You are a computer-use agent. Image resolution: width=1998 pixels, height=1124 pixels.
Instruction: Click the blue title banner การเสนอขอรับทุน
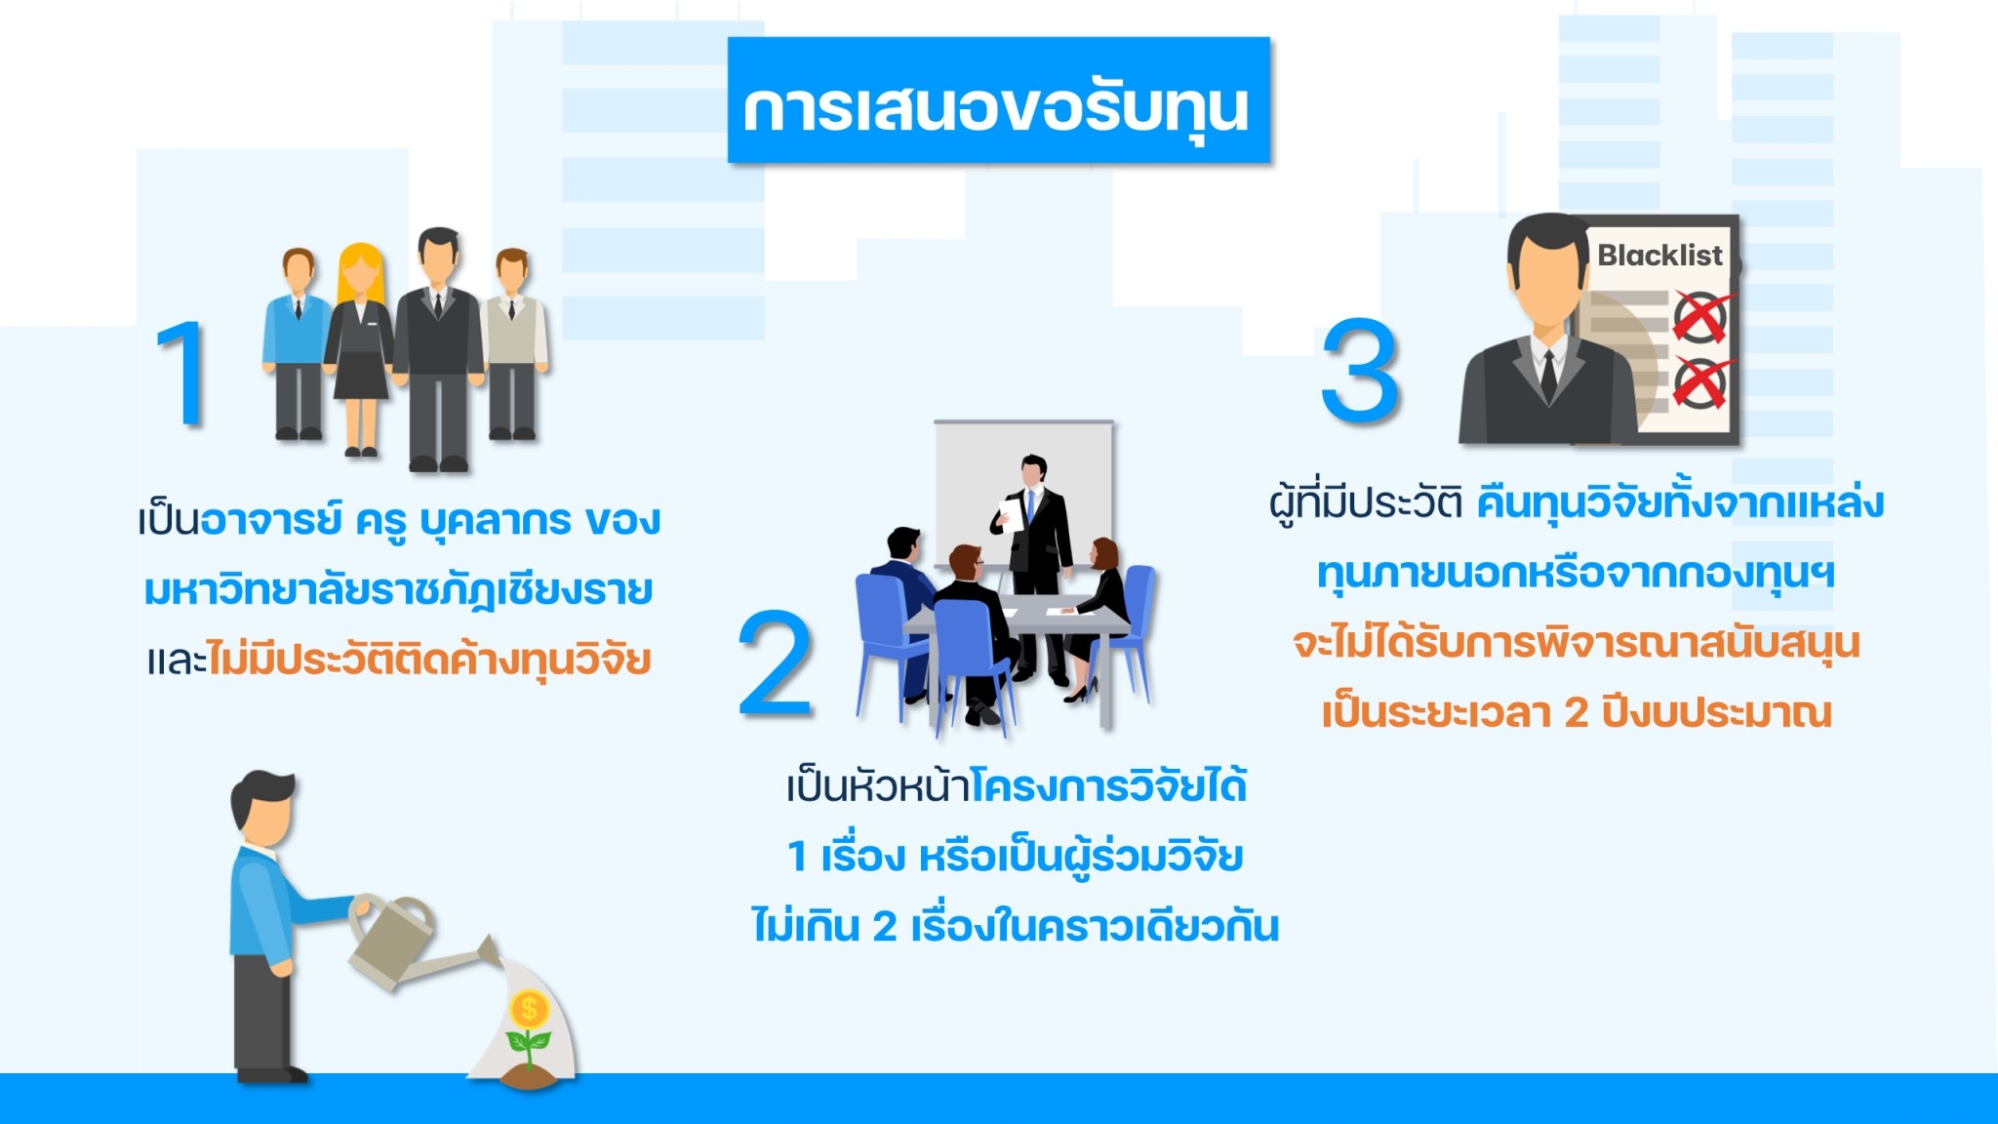pyautogui.click(x=999, y=100)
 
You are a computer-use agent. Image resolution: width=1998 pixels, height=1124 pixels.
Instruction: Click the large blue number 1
pyautogui.click(x=183, y=374)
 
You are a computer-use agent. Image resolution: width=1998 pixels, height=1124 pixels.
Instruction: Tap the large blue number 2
pyautogui.click(x=775, y=663)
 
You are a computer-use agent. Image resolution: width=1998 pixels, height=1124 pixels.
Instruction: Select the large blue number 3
pyautogui.click(x=1360, y=369)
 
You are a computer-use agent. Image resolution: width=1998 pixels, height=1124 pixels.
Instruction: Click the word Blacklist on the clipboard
pyautogui.click(x=1659, y=256)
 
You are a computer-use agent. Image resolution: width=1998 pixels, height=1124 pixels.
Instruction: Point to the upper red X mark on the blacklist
pyautogui.click(x=1701, y=315)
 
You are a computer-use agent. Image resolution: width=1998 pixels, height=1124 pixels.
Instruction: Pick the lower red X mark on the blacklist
pyautogui.click(x=1700, y=381)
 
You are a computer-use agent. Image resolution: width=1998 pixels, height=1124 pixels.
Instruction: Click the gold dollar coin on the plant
pyautogui.click(x=530, y=1008)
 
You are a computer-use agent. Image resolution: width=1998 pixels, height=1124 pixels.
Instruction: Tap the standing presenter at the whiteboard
pyautogui.click(x=1032, y=566)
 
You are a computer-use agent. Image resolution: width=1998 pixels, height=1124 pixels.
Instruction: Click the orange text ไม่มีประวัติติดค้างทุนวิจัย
pyautogui.click(x=429, y=660)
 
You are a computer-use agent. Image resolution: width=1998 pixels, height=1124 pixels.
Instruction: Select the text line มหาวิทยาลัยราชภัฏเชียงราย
pyautogui.click(x=398, y=590)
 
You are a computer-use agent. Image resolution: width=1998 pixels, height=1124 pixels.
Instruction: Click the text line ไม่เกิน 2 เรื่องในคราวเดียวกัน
pyautogui.click(x=1015, y=925)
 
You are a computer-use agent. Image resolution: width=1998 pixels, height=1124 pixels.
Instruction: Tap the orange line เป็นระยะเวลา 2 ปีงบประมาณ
pyautogui.click(x=1577, y=712)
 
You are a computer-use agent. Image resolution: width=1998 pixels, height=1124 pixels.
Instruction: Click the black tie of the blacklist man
pyautogui.click(x=1548, y=375)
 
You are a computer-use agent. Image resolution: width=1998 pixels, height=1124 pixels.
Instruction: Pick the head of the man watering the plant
pyautogui.click(x=261, y=810)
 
